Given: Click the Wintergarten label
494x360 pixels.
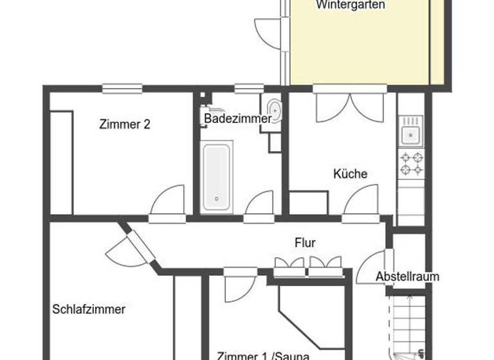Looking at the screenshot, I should point(351,5).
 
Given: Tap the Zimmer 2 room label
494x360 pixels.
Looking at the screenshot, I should point(125,125).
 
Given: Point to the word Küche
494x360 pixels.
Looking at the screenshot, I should point(350,174).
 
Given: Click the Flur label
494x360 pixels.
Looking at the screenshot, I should point(305,243).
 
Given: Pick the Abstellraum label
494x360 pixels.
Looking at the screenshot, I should point(408,277).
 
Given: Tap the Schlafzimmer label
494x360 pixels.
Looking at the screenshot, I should point(89,309).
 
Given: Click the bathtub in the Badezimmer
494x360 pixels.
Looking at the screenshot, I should point(215,178).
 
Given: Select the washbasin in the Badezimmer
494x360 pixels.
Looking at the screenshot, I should point(273,111).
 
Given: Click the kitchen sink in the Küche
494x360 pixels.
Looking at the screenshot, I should point(410,134).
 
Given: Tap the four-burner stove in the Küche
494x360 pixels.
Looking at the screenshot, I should point(411,163).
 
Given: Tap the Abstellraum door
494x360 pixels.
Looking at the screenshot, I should point(374,265).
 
